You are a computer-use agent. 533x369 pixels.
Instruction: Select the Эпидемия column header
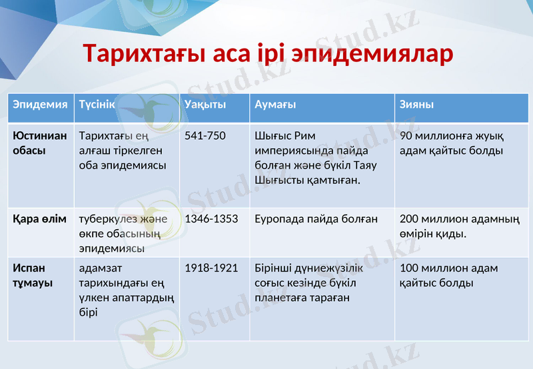(40, 105)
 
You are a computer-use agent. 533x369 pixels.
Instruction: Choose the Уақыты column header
(205, 105)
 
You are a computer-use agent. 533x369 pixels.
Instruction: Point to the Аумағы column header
(275, 105)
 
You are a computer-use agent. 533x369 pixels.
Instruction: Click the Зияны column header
(417, 105)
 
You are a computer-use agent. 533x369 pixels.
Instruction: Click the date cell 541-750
(205, 136)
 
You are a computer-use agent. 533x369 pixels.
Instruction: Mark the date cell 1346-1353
(211, 218)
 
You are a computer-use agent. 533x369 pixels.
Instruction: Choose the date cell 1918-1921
(211, 268)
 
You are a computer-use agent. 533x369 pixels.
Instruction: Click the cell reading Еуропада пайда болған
(316, 218)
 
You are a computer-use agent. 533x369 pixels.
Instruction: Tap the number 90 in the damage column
(406, 136)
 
